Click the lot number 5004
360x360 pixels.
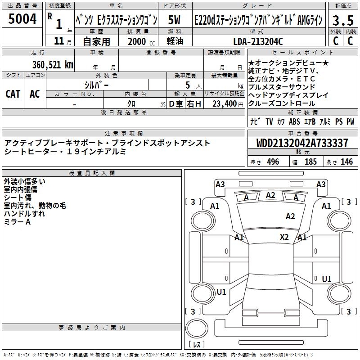[x=23, y=18]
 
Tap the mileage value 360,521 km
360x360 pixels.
[x=53, y=65]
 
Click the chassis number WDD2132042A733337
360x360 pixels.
[x=302, y=144]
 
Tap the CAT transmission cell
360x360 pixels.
[x=13, y=94]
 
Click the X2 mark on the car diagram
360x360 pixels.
[x=284, y=237]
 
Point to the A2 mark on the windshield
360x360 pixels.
[x=270, y=195]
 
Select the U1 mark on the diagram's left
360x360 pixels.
[x=221, y=292]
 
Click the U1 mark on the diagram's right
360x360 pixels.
[x=327, y=279]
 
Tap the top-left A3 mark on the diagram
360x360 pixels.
[x=220, y=184]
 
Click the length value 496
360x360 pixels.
[x=273, y=162]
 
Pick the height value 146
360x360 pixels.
[x=346, y=162]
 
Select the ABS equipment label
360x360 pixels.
[x=295, y=121]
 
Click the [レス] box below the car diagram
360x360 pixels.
[x=197, y=345]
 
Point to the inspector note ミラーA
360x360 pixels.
[x=17, y=222]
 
